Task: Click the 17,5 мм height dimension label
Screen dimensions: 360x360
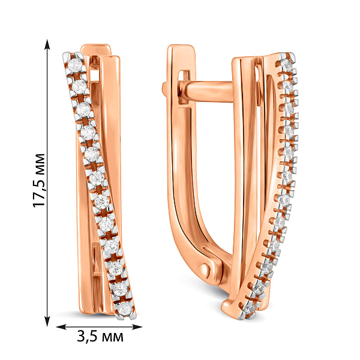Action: pyautogui.click(x=38, y=180)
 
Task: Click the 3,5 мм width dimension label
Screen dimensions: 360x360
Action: pyautogui.click(x=100, y=337)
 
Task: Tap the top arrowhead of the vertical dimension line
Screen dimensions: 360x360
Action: pyautogui.click(x=47, y=44)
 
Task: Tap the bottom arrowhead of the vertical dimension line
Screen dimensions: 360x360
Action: pyautogui.click(x=47, y=321)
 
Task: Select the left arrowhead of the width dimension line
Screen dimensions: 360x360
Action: pyautogui.click(x=61, y=327)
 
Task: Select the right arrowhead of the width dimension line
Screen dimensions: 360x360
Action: pyautogui.click(x=137, y=327)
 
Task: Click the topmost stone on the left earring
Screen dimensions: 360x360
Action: pyautogui.click(x=76, y=65)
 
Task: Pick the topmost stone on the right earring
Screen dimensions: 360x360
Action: pyautogui.click(x=287, y=64)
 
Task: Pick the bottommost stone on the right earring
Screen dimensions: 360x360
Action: pyautogui.click(x=250, y=308)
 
